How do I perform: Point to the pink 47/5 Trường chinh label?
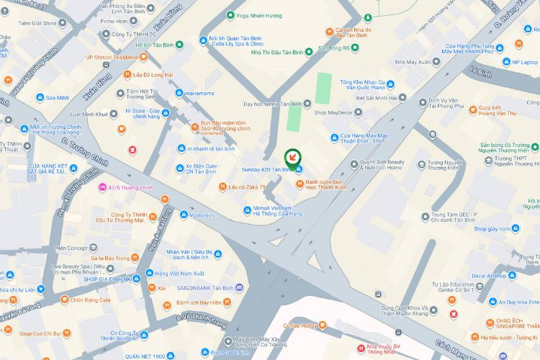131,188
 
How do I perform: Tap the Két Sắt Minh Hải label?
377,98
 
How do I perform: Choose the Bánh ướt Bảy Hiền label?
198,302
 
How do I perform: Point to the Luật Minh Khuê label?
89,114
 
